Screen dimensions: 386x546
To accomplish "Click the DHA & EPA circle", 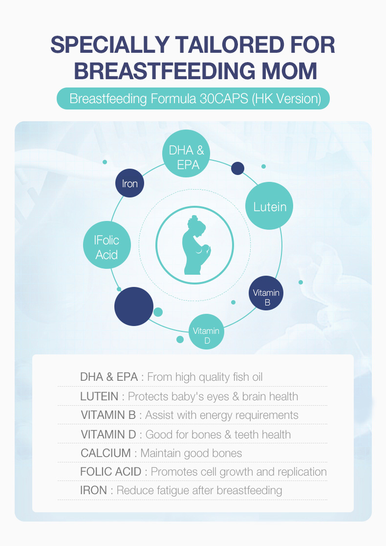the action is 186,153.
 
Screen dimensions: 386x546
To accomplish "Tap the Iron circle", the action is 130,183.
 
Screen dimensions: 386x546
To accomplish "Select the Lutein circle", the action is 269,206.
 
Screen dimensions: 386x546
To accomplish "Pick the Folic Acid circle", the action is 107,245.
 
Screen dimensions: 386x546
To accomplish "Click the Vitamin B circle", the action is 266,293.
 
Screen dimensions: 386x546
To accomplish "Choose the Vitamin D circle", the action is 206,331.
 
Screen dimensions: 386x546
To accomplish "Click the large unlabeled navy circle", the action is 134,306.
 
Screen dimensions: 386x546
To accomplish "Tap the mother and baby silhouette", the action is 196,245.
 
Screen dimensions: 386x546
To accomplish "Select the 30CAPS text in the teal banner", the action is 223,99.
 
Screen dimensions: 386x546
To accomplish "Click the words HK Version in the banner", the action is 287,99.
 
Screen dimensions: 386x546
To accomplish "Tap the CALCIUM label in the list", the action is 106,453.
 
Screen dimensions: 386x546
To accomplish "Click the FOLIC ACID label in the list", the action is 111,472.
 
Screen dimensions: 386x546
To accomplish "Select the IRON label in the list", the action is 94,490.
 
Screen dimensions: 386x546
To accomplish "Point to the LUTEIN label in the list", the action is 99,396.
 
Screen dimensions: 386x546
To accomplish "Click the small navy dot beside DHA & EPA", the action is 238,169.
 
